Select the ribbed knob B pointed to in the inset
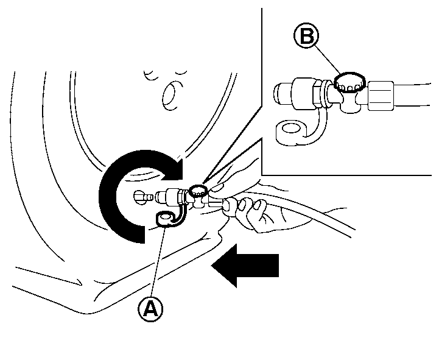(x=349, y=81)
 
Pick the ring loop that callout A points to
(x=164, y=217)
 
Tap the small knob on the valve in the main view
(x=197, y=191)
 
